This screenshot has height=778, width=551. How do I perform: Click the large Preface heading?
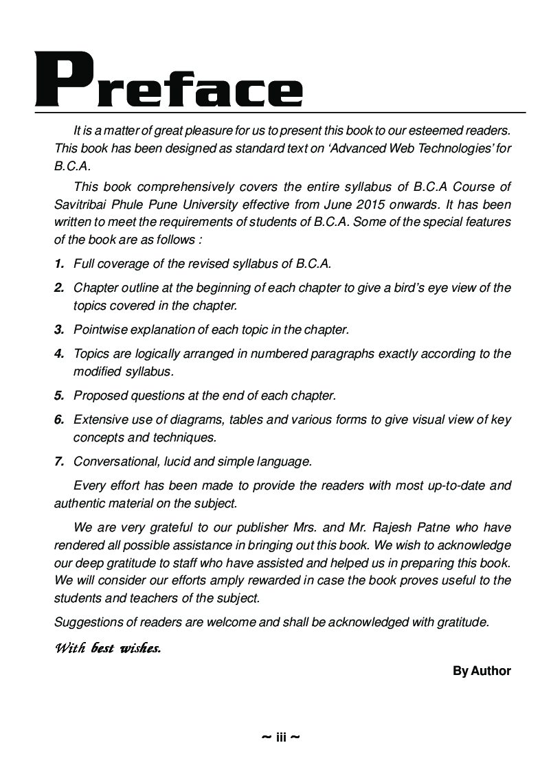[x=169, y=81]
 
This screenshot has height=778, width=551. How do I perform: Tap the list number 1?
[x=59, y=263]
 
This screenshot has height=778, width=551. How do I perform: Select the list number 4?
[x=59, y=354]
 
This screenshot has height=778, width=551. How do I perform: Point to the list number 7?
[x=59, y=461]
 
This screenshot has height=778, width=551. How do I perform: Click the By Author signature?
[x=482, y=671]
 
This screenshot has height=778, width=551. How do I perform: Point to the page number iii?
[x=281, y=737]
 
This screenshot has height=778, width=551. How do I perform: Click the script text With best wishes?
[x=108, y=648]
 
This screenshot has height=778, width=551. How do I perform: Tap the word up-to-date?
[x=454, y=485]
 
